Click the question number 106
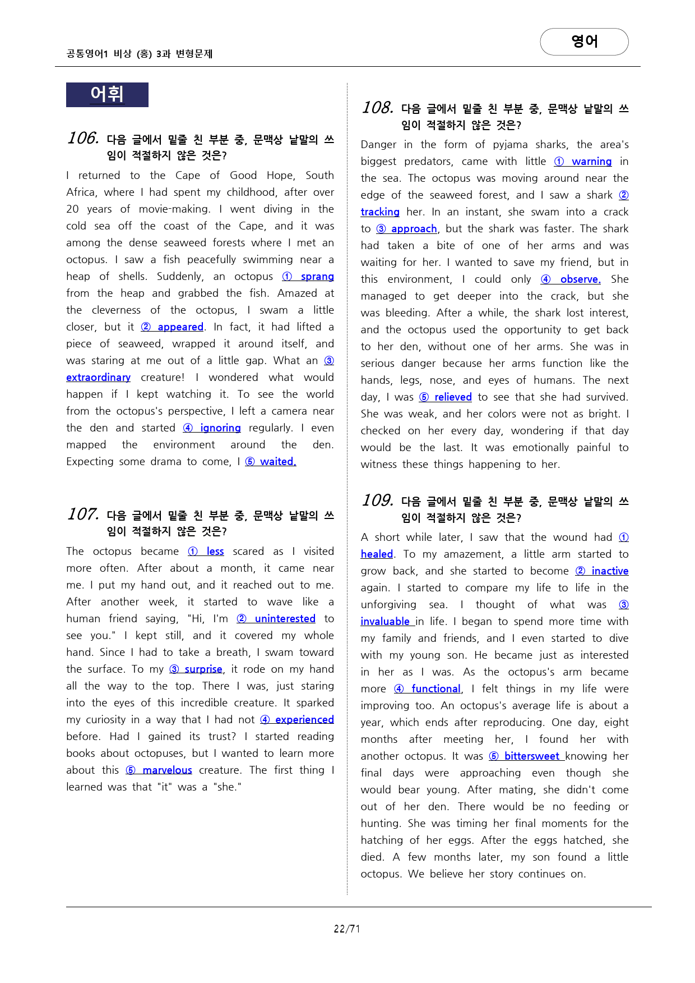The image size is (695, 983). click(83, 138)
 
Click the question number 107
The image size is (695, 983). click(83, 514)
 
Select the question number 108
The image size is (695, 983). click(377, 108)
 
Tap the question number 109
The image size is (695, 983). click(377, 500)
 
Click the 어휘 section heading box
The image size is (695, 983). click(107, 95)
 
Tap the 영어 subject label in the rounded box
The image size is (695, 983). click(584, 42)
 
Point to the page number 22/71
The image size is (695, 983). click(347, 929)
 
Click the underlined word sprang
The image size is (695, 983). click(317, 277)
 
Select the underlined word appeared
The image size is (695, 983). click(180, 327)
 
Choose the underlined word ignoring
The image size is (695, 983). click(220, 428)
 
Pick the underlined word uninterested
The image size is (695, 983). click(285, 619)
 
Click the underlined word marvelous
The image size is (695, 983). click(167, 770)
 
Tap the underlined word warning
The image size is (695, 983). click(591, 162)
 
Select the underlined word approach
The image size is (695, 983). click(414, 229)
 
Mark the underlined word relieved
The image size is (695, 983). click(453, 397)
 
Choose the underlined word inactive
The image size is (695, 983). click(610, 571)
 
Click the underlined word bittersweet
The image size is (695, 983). click(531, 756)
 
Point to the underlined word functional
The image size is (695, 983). click(435, 689)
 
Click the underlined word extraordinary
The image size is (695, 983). click(98, 378)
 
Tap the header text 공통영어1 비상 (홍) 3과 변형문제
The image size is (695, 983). click(140, 54)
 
